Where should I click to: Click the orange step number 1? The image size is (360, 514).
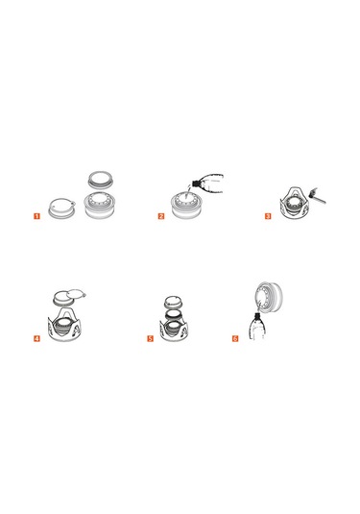pyautogui.click(x=36, y=216)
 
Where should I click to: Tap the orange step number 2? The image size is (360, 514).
pyautogui.click(x=161, y=216)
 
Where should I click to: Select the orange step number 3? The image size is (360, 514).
pyautogui.click(x=268, y=216)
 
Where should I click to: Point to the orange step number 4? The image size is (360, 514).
pyautogui.click(x=36, y=338)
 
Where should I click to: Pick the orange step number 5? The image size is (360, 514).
pyautogui.click(x=150, y=338)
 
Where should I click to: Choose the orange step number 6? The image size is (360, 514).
pyautogui.click(x=235, y=338)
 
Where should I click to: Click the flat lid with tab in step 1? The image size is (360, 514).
pyautogui.click(x=62, y=208)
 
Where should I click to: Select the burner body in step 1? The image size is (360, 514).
pyautogui.click(x=100, y=207)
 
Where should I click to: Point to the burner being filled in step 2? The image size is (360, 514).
pyautogui.click(x=185, y=207)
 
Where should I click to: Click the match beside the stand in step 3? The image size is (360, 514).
pyautogui.click(x=317, y=196)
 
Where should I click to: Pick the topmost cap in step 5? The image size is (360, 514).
pyautogui.click(x=174, y=301)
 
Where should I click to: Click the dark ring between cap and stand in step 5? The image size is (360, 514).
pyautogui.click(x=174, y=314)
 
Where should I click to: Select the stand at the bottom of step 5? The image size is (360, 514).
pyautogui.click(x=174, y=330)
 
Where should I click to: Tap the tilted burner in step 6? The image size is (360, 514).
pyautogui.click(x=268, y=296)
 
